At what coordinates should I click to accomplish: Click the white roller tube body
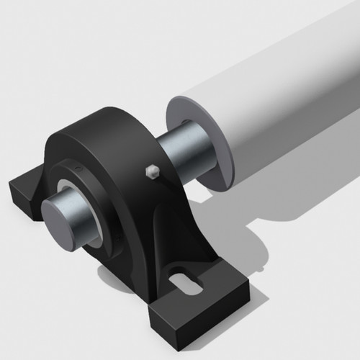tap(281, 94)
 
